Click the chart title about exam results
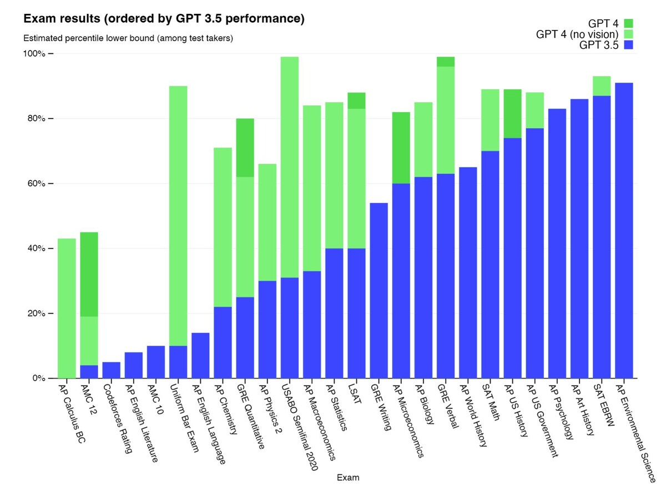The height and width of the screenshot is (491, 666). [x=164, y=19]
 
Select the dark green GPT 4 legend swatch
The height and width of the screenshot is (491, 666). [x=628, y=23]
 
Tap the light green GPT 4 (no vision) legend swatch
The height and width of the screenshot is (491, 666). [x=628, y=34]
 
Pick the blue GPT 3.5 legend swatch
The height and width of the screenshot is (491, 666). [x=628, y=45]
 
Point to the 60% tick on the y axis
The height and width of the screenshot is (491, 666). [x=37, y=184]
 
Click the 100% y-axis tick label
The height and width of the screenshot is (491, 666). [x=34, y=54]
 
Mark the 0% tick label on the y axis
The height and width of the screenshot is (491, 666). [x=37, y=378]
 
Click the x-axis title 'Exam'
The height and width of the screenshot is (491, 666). [x=347, y=477]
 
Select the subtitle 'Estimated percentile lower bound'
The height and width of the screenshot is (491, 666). [x=128, y=39]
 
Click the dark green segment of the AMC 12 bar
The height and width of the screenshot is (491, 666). [x=89, y=274]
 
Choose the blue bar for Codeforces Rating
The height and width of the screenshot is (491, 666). [x=111, y=370]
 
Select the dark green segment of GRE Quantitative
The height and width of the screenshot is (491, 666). [x=245, y=148]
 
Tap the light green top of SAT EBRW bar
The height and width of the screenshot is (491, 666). [x=602, y=86]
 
